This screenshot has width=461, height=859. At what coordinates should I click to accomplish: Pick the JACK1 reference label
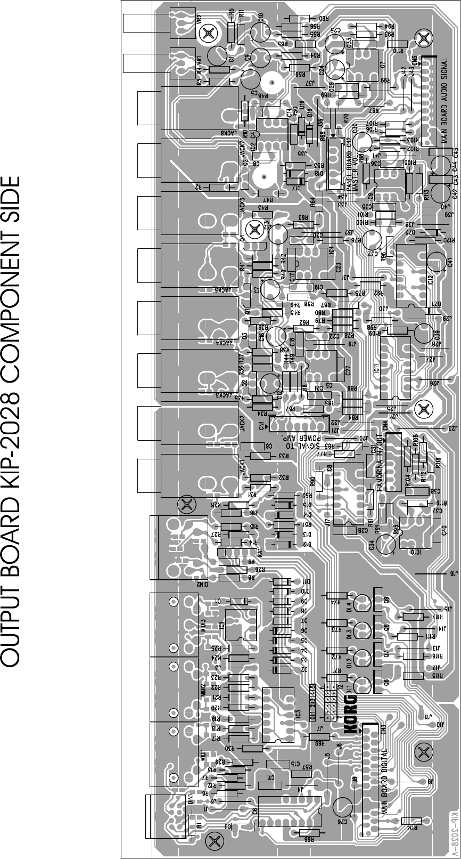coord(243,468)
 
